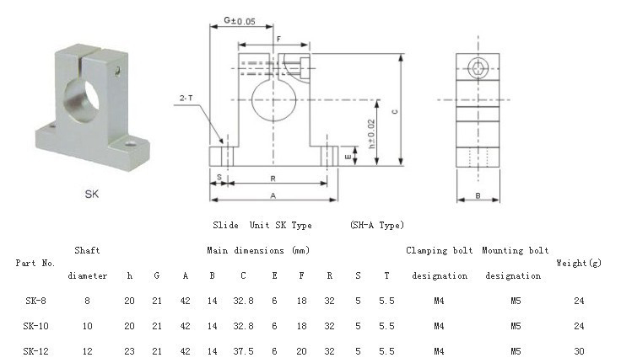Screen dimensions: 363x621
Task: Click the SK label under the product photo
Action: pos(92,193)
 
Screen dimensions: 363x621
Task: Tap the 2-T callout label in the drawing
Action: pos(186,99)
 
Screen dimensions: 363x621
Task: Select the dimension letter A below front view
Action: pos(273,195)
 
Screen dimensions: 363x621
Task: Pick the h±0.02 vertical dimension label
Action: pos(372,134)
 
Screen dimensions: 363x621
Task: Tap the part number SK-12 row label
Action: pos(35,351)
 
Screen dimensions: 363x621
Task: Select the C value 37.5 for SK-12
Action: pos(243,351)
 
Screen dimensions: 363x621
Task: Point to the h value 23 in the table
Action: pos(129,351)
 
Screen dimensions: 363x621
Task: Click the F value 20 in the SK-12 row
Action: pos(302,351)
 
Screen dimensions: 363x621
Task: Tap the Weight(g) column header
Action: pos(578,264)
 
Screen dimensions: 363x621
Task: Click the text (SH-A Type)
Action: pos(376,225)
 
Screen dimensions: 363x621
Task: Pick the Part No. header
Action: pos(35,264)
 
